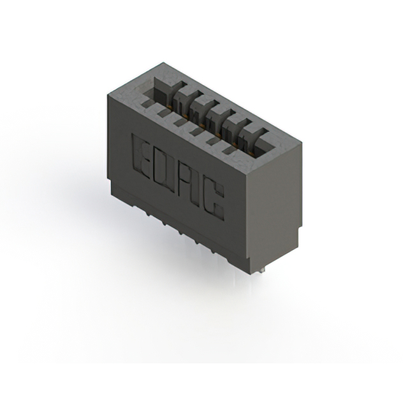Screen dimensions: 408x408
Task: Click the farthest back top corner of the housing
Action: [x=163, y=62]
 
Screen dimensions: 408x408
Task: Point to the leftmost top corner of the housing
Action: [x=108, y=94]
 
